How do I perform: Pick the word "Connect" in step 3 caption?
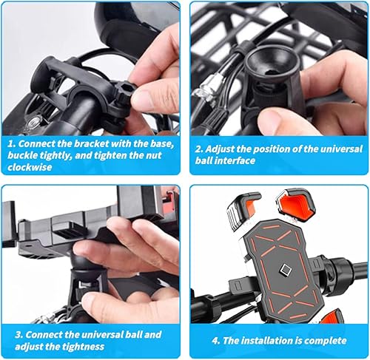42,333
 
